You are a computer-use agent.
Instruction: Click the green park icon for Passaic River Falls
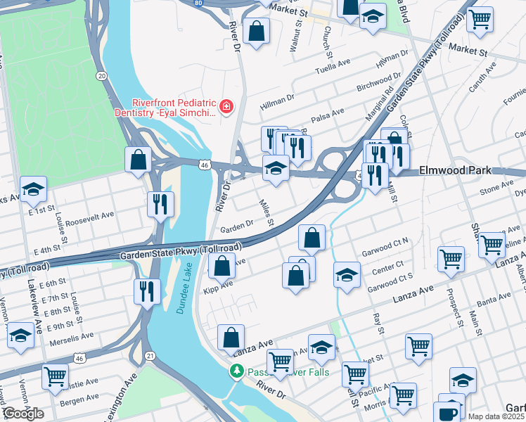(x=238, y=370)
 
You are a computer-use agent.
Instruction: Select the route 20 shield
(x=103, y=75)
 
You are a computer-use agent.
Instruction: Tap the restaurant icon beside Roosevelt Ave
(x=160, y=204)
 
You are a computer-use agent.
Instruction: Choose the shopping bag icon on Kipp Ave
(x=222, y=267)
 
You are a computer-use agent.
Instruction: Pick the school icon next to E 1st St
(x=33, y=189)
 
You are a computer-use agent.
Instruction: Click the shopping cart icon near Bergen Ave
(x=55, y=376)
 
